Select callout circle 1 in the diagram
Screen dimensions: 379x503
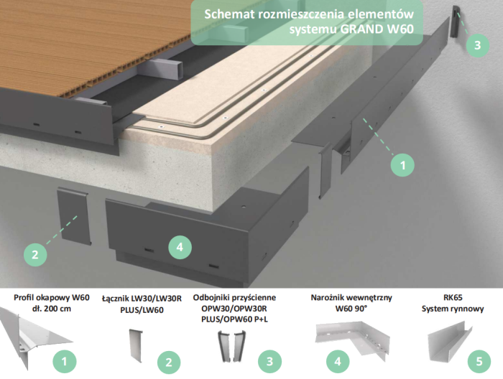[402, 164]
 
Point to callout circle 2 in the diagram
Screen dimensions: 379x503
[34, 253]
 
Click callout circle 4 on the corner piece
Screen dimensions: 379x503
[180, 248]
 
